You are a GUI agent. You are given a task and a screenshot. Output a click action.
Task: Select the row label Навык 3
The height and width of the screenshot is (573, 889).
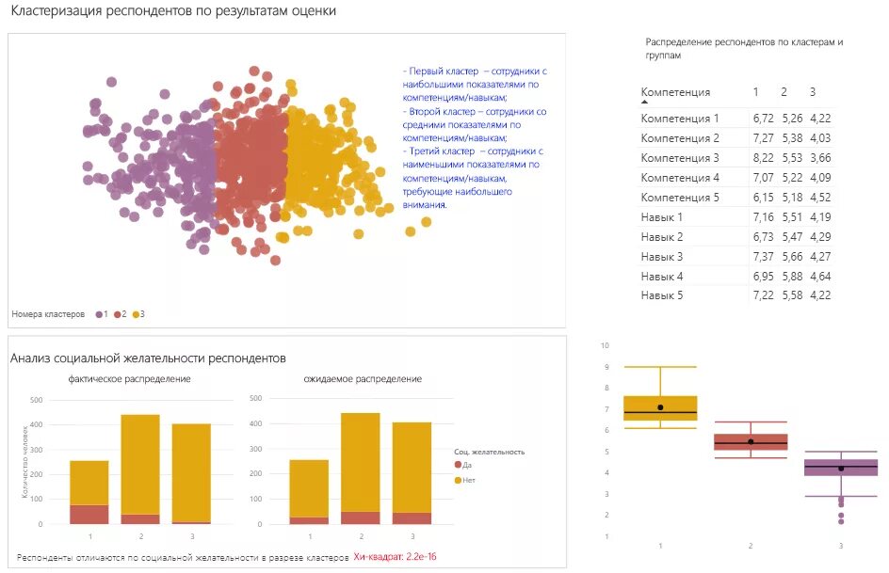[661, 256]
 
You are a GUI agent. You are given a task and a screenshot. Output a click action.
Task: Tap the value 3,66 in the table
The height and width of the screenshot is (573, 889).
[820, 158]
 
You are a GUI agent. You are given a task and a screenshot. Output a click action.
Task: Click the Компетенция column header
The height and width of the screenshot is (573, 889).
[675, 92]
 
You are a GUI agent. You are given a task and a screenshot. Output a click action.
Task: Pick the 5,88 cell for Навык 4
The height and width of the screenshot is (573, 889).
[791, 276]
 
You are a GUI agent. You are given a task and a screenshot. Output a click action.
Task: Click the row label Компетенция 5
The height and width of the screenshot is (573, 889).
[679, 198]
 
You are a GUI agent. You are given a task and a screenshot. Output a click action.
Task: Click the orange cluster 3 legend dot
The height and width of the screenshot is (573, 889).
[136, 313]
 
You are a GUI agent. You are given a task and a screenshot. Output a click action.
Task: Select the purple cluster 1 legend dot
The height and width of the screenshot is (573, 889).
[99, 313]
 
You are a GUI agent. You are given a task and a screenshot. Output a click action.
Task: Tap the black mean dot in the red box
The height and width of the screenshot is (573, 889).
[751, 441]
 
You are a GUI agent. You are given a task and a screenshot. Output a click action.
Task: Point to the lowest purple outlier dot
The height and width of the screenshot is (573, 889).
[841, 521]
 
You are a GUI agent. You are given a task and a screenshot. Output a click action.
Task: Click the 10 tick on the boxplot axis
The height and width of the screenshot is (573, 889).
[606, 345]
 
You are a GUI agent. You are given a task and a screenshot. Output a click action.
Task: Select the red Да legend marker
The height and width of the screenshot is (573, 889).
[459, 465]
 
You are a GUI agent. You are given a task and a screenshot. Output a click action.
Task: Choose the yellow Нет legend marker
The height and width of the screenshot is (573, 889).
[459, 480]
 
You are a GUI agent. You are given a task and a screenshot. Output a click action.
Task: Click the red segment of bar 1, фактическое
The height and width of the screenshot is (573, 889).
[89, 514]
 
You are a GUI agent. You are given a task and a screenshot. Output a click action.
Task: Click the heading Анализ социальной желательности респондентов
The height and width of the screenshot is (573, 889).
[148, 358]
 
